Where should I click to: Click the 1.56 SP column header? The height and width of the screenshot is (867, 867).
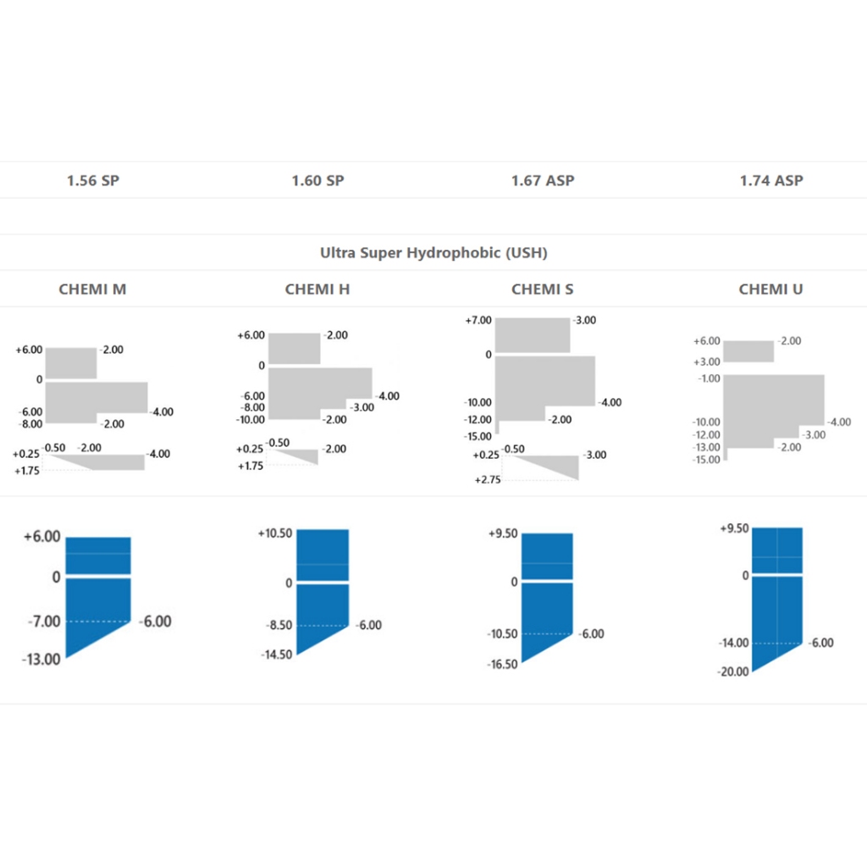coord(93,180)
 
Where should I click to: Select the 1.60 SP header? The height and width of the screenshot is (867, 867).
coord(318,180)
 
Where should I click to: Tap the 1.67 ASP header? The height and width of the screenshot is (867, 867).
coord(543,180)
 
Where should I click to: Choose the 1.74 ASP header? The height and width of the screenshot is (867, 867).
coord(771,180)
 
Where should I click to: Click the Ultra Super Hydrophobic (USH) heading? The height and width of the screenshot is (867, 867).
coord(433,252)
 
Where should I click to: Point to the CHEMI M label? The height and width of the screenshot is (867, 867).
coord(93,289)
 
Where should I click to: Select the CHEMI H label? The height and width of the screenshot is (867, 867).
coord(318,289)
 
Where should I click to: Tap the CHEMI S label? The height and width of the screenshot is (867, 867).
coord(543,289)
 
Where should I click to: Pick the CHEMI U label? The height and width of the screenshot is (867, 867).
coord(771,289)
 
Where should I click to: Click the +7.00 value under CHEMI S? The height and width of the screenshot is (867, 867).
coord(478,321)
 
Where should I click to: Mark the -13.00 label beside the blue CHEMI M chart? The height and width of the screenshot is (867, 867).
coord(41,659)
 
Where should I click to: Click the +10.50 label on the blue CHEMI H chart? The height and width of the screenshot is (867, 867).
coord(275,533)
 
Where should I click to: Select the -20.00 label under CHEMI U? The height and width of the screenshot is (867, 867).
coord(733,671)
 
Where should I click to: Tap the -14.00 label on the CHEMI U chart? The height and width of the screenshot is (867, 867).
coord(733,643)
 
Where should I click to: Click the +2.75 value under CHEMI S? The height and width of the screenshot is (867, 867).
coord(487,479)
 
